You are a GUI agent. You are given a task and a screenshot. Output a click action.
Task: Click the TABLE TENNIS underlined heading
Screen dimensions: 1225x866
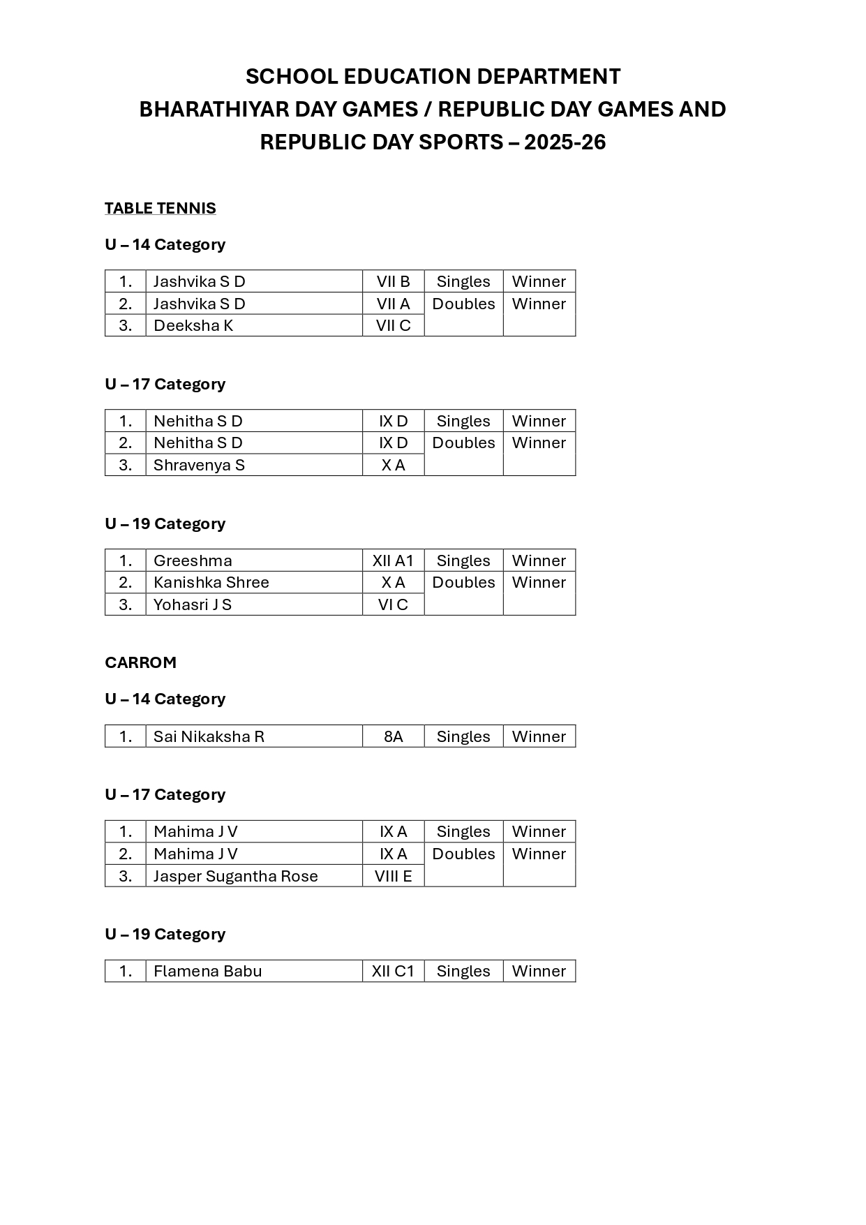160,208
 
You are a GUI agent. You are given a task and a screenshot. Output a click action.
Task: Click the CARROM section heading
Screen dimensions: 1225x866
140,662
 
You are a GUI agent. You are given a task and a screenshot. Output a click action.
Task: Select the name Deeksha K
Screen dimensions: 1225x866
193,325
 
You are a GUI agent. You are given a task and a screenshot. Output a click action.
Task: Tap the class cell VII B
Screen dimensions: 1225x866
393,281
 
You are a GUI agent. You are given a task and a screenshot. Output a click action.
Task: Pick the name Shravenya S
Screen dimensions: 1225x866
199,465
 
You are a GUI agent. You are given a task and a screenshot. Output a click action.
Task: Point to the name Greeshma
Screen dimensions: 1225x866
193,560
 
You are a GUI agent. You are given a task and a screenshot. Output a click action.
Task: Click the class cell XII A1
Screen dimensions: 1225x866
393,560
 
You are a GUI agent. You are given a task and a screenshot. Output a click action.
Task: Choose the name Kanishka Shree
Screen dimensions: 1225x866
211,582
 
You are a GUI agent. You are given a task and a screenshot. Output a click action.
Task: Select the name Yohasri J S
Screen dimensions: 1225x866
193,604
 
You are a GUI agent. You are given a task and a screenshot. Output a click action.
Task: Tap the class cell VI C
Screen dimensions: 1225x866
393,604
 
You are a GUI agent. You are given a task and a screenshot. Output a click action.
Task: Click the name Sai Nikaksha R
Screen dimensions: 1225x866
209,736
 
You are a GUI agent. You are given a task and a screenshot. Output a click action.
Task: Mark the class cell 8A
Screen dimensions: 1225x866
393,736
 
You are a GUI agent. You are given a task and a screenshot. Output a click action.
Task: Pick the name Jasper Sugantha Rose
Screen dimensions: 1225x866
235,876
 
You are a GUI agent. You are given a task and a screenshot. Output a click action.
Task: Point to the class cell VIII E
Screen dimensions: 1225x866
393,876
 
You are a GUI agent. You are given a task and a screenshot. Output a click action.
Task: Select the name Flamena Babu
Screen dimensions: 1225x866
207,971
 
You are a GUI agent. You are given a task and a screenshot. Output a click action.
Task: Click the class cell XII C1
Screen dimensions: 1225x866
393,971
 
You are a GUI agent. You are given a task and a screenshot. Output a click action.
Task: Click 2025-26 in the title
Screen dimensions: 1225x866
565,142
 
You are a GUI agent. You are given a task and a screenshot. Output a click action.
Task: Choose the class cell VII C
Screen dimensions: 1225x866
393,325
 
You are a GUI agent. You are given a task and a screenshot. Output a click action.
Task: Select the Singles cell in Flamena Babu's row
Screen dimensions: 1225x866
463,971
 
